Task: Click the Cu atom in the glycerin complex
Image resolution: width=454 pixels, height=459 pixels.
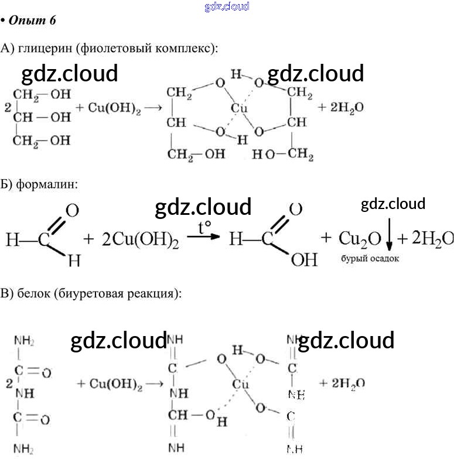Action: (238, 108)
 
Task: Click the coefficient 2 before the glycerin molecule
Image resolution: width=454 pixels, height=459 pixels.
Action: (6, 107)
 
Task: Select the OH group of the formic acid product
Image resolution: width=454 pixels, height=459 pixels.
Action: (303, 259)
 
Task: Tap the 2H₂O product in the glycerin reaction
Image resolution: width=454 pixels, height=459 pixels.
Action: (341, 108)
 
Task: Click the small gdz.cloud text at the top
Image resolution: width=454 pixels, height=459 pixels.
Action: (227, 6)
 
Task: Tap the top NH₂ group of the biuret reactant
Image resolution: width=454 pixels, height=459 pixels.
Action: (24, 341)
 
